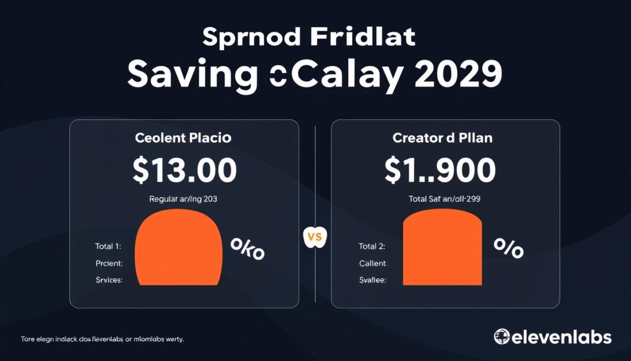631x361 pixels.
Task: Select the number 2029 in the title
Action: (x=458, y=74)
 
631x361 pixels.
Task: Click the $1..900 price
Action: (x=440, y=171)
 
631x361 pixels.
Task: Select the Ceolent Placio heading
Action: (x=183, y=138)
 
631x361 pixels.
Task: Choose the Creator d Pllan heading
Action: (x=442, y=138)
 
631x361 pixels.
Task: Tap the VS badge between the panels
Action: (x=315, y=237)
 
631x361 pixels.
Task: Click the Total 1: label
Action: (x=108, y=247)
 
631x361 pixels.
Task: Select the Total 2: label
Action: (x=372, y=247)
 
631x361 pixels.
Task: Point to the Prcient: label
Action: (x=109, y=263)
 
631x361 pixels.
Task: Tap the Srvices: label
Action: (x=109, y=280)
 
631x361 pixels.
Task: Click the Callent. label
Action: (x=373, y=263)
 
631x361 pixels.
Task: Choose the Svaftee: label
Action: (x=373, y=280)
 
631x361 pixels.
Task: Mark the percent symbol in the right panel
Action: (x=508, y=248)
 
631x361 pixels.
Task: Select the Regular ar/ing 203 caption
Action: (x=183, y=199)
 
